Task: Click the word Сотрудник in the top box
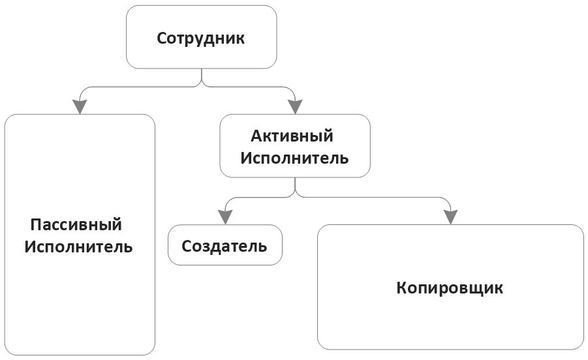201,37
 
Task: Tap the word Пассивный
76,225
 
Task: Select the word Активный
292,136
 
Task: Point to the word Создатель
224,246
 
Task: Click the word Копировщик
450,288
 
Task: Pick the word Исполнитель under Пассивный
79,247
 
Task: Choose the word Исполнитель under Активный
295,158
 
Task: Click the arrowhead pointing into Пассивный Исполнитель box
80,106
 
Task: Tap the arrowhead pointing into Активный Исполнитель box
295,106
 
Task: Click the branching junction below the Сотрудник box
202,84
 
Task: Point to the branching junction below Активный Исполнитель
295,194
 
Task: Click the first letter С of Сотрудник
162,37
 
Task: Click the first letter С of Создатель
187,246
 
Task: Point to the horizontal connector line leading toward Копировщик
379,196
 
